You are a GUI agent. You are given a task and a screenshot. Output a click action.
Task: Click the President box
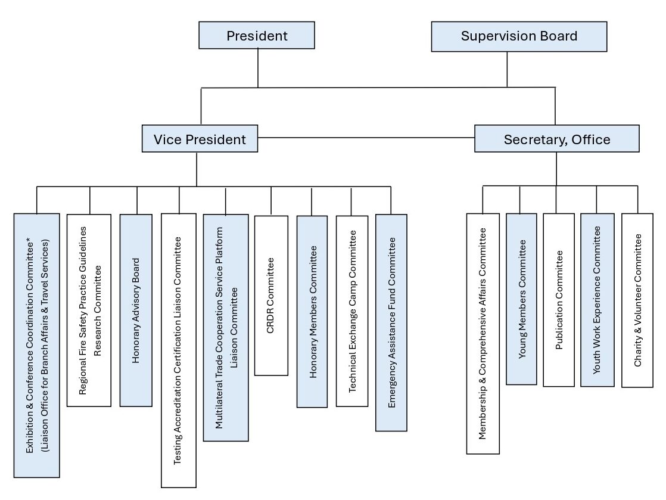coord(257,36)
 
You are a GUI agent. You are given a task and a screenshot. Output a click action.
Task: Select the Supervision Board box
coord(519,36)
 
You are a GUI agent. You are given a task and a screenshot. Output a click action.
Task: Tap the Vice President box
coord(200,139)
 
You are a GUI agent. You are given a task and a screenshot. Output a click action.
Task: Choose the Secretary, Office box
coord(556,139)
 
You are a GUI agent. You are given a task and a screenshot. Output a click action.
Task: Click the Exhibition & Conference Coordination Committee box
coord(37,345)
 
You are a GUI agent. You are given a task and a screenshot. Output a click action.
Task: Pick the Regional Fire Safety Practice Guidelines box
coord(89,310)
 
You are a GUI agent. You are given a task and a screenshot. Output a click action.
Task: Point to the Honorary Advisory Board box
coord(137,310)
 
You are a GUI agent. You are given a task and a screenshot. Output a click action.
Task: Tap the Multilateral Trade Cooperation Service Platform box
coord(226,328)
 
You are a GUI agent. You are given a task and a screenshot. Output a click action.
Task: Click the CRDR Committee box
coord(271,295)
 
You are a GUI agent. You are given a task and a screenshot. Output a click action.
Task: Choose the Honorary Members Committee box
coord(312,311)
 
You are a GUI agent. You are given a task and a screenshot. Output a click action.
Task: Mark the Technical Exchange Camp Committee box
coord(352,310)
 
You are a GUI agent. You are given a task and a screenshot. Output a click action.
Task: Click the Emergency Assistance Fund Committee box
coord(391,322)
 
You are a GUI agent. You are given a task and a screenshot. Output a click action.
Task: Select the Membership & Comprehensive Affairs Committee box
coord(483,333)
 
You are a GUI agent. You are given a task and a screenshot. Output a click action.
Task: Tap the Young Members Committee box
coord(522,299)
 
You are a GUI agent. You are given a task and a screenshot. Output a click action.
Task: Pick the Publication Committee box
coord(559,300)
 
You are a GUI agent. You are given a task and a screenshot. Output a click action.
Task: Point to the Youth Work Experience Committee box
coord(597,300)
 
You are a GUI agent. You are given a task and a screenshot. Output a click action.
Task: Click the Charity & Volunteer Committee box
coord(637,300)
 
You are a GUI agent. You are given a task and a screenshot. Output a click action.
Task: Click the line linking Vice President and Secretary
coord(366,138)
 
